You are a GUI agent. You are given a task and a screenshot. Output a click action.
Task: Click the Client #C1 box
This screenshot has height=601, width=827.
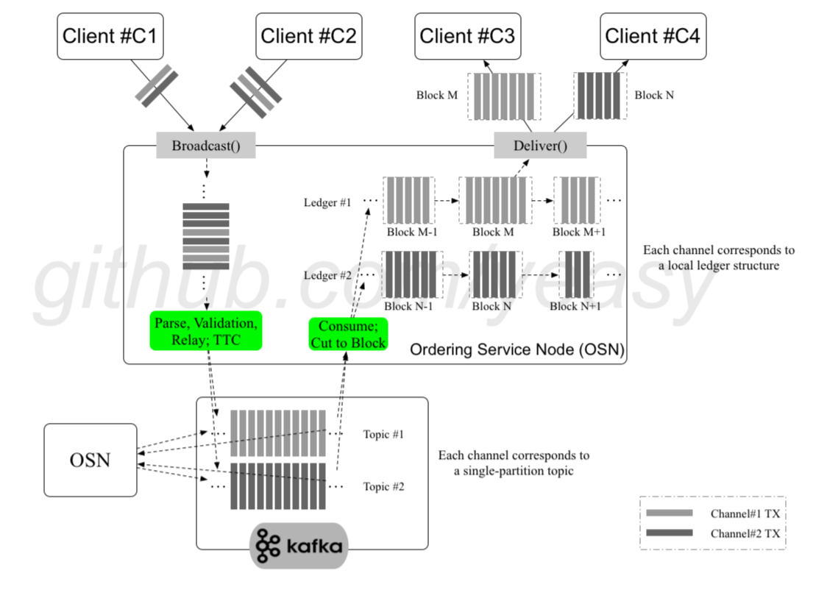pos(110,35)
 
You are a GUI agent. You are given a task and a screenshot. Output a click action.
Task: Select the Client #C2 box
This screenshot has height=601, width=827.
pos(308,35)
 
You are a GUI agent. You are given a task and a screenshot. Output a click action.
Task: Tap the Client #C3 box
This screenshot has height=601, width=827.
pos(467,35)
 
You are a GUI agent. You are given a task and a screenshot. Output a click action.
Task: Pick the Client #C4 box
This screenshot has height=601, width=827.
pos(653,35)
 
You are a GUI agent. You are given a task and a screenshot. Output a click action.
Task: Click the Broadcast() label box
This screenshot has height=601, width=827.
pos(206,146)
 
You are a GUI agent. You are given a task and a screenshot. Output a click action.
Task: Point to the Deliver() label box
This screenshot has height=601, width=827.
pos(540,146)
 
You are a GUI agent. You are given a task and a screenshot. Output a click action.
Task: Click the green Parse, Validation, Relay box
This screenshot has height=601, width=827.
pos(206,330)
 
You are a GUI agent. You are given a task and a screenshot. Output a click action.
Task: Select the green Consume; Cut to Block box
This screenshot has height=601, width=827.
pos(348,334)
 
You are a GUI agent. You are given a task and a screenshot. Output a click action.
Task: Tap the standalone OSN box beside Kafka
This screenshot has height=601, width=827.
pos(90,460)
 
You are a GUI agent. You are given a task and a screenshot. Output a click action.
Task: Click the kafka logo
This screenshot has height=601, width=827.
pos(299,546)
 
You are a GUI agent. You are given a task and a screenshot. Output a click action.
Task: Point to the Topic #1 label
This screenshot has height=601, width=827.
pos(383,434)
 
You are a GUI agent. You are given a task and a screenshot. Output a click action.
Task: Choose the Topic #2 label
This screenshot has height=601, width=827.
pos(383,486)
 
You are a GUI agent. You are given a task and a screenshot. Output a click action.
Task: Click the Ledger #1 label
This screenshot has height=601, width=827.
pos(327,202)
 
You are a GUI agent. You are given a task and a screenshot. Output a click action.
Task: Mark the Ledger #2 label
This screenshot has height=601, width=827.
pos(327,276)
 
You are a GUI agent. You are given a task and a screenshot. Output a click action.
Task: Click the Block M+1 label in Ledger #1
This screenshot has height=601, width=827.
pos(578,232)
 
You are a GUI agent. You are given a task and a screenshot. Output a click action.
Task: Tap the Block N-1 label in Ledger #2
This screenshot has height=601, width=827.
pos(409,306)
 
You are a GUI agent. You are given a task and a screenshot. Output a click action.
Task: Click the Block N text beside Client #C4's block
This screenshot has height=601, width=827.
pos(654,95)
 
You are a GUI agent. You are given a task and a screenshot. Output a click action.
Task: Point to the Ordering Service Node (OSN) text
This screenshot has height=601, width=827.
pos(517,350)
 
